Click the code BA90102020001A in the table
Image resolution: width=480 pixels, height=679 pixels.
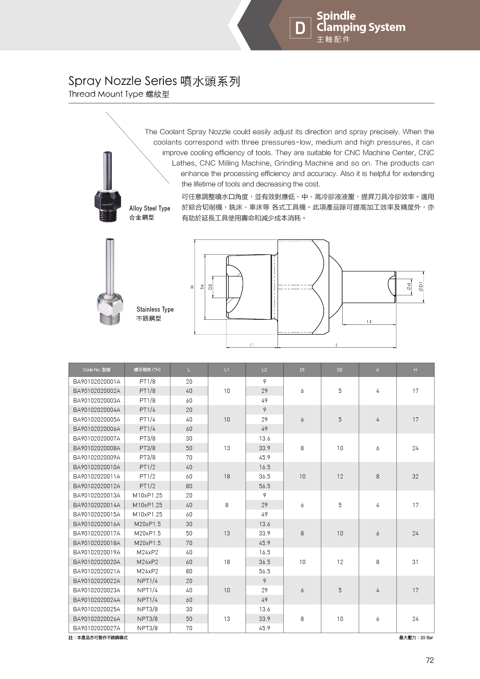pyautogui.click(x=96, y=381)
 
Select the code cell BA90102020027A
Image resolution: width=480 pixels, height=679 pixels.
pyautogui.click(x=96, y=628)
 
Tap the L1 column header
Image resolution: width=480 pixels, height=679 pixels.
pyautogui.click(x=227, y=370)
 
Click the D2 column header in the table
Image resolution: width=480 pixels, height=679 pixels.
pyautogui.click(x=339, y=370)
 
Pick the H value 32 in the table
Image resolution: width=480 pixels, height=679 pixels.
pyautogui.click(x=415, y=477)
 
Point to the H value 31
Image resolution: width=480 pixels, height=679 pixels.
pyautogui.click(x=415, y=562)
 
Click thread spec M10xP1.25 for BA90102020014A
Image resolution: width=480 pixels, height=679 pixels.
pyautogui.click(x=147, y=505)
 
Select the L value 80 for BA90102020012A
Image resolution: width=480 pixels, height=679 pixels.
pyautogui.click(x=189, y=486)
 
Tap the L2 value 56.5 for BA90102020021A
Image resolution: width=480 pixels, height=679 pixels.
pyautogui.click(x=264, y=571)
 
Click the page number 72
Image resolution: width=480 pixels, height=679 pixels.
pyautogui.click(x=430, y=660)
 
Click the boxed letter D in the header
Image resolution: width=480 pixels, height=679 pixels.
pyautogui.click(x=300, y=28)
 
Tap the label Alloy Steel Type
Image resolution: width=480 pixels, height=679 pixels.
pyautogui.click(x=149, y=208)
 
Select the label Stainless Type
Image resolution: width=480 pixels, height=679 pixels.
pyautogui.click(x=155, y=309)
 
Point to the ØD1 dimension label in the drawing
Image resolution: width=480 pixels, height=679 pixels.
pyautogui.click(x=421, y=286)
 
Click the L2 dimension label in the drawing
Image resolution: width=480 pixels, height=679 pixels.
pyautogui.click(x=369, y=322)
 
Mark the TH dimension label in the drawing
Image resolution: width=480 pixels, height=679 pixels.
pyautogui.click(x=202, y=287)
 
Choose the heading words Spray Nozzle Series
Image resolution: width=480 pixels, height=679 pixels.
pyautogui.click(x=122, y=81)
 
